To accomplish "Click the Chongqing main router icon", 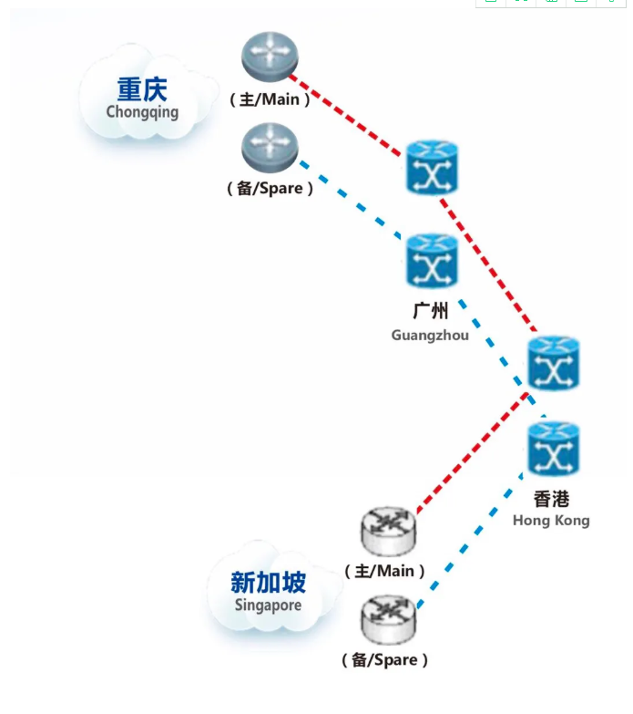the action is click(x=270, y=57).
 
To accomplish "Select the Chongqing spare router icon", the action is click(x=270, y=148).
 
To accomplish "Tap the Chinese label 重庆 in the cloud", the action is click(x=142, y=89).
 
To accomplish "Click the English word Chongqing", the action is click(x=142, y=112).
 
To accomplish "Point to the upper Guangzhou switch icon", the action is click(x=432, y=168).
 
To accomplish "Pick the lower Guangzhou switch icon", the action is click(x=432, y=261).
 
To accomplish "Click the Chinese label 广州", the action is click(x=430, y=311).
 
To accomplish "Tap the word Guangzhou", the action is click(x=430, y=336).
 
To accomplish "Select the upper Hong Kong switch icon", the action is click(x=554, y=363).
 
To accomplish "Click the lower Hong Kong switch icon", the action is click(x=554, y=449).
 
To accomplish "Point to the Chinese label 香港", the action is click(x=552, y=499).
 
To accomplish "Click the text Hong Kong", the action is click(x=551, y=521).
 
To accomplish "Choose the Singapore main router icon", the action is click(x=388, y=532).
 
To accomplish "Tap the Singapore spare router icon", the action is click(x=388, y=619).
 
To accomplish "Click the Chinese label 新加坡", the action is click(x=269, y=583).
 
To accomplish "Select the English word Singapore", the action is click(x=269, y=605).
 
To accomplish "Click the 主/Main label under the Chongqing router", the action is click(x=270, y=99).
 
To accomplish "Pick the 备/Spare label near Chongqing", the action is click(x=270, y=188).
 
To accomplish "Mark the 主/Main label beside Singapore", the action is click(x=384, y=571).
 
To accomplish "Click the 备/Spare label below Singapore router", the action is click(x=384, y=660).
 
